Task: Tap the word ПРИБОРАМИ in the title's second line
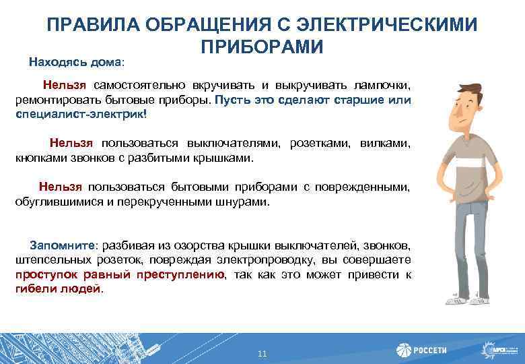click(262, 47)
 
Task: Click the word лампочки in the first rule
click(380, 86)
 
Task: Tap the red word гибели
click(30, 289)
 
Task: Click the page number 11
click(262, 353)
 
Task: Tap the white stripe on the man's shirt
click(466, 163)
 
